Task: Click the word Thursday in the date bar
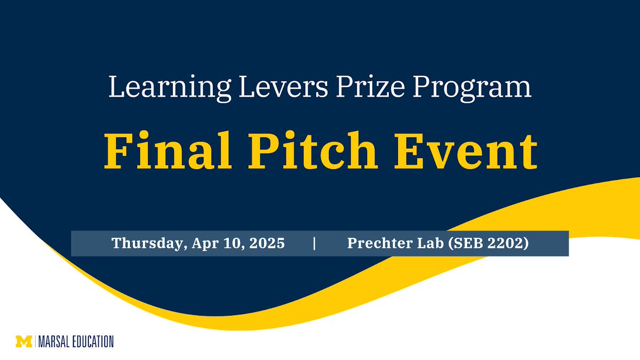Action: coord(143,244)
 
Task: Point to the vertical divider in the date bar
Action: coord(315,244)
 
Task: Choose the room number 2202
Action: coord(506,244)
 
